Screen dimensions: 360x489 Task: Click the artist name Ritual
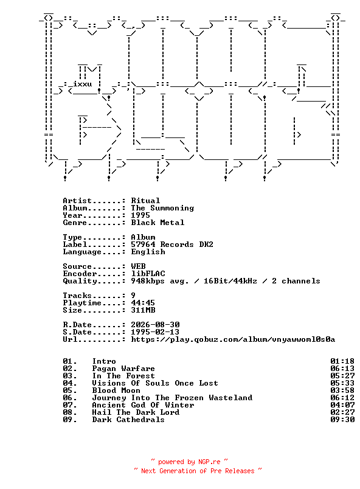145,201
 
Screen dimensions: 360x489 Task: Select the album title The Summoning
162,208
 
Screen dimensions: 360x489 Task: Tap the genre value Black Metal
157,223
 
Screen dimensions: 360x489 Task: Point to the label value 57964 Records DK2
172,244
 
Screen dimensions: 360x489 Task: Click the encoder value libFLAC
148,274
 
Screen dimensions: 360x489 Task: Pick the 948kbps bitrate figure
148,281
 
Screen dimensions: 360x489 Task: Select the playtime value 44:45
143,302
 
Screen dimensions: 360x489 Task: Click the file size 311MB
143,310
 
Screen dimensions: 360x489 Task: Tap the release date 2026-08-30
155,325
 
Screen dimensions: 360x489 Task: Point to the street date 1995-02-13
155,332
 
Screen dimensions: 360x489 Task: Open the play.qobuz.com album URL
233,339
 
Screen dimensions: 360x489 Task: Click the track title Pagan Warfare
123,369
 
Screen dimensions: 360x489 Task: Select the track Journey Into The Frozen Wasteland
172,398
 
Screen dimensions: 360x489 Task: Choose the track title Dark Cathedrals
128,420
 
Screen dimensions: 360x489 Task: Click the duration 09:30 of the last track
342,420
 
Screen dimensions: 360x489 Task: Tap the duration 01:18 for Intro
342,361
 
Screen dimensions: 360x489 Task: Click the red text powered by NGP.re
189,462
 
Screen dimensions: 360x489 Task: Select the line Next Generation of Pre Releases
198,471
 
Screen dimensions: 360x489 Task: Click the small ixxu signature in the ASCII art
82,84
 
